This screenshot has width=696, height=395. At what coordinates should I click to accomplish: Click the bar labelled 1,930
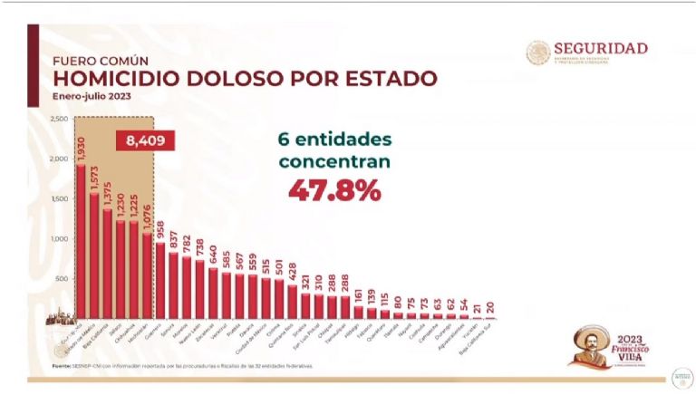pyautogui.click(x=81, y=245)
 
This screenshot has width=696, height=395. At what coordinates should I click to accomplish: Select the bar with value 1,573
pyautogui.click(x=94, y=258)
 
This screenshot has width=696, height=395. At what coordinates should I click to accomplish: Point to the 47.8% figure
pyautogui.click(x=335, y=190)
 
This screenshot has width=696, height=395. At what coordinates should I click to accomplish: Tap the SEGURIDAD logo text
pyautogui.click(x=599, y=48)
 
